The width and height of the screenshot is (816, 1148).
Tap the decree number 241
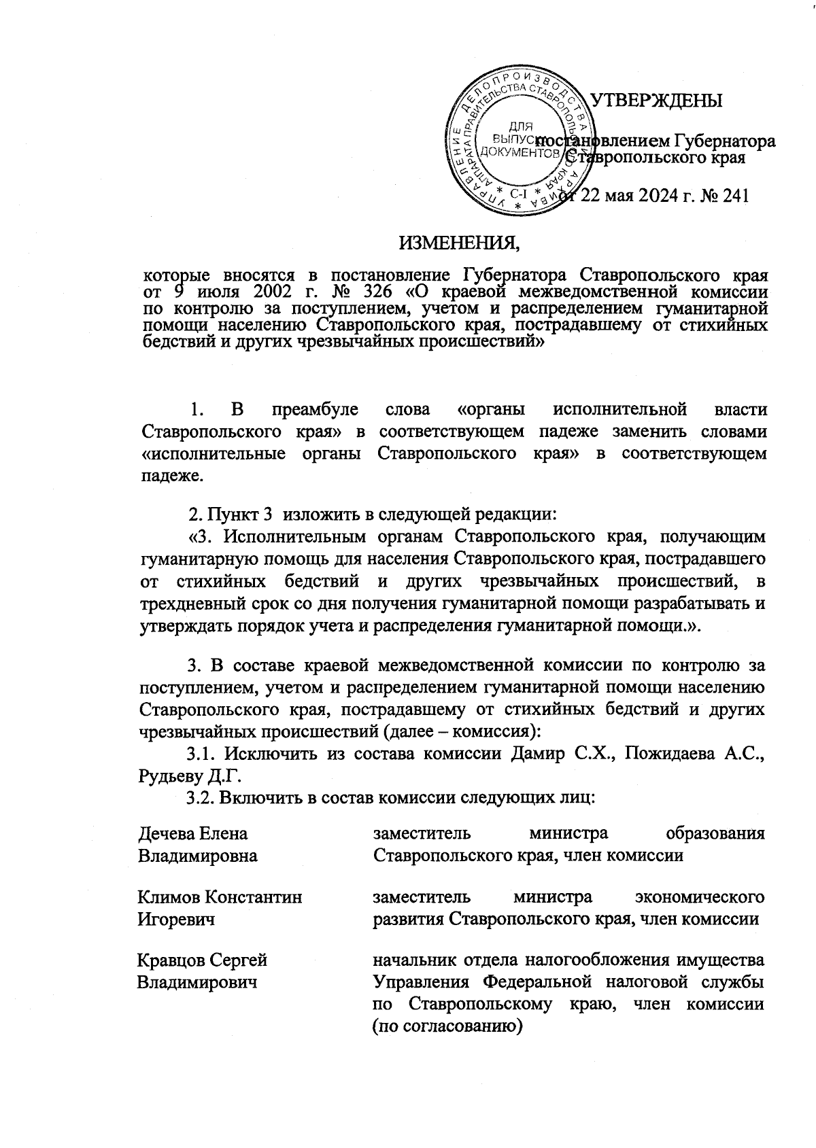(734, 196)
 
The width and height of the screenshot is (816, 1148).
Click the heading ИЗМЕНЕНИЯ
(462, 241)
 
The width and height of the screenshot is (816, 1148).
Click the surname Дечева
(167, 833)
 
